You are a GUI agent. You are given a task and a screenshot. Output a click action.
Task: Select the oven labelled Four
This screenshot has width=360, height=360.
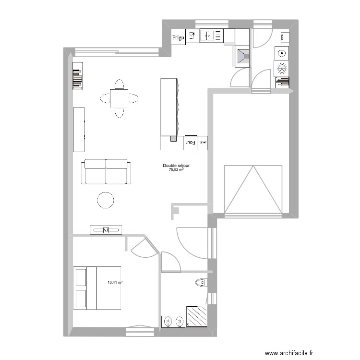(190, 143)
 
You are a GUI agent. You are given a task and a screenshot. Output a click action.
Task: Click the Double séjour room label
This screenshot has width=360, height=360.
(176, 166)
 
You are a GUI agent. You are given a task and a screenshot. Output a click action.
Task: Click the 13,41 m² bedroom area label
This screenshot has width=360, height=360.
(115, 283)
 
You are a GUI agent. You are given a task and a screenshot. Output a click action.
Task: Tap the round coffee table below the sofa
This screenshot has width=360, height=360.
(106, 200)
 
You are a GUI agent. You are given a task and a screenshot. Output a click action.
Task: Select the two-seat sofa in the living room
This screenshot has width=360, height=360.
(107, 172)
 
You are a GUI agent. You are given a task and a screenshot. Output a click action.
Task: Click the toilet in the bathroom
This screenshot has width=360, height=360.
(201, 283)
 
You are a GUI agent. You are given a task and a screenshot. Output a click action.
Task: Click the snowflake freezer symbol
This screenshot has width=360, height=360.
(281, 69)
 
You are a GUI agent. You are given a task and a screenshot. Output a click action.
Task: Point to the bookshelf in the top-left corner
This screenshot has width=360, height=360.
(78, 75)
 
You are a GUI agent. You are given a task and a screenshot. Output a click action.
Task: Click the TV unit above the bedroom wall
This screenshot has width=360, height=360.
(106, 230)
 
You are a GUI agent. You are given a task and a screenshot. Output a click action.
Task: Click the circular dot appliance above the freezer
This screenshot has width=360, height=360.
(281, 53)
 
